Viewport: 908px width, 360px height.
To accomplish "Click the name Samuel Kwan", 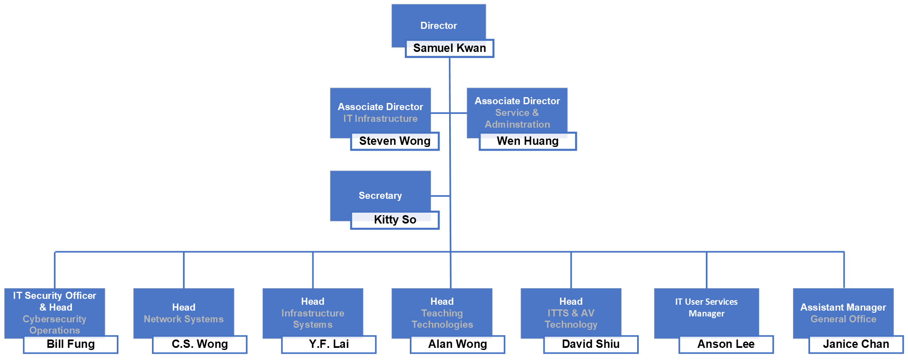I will pos(449,48).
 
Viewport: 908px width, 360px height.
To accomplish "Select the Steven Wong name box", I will pos(395,141).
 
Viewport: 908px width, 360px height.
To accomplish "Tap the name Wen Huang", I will pos(527,141).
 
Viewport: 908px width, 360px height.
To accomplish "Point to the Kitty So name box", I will pos(395,220).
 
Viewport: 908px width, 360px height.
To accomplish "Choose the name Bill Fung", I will pos(71,344).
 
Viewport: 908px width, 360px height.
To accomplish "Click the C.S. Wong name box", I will pos(200,344).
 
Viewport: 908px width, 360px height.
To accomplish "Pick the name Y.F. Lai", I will pos(329,344).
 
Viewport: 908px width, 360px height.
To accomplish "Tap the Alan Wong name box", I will pos(458,344).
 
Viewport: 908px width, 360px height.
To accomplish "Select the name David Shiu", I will pos(591,344).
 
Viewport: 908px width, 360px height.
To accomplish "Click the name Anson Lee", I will pos(726,344).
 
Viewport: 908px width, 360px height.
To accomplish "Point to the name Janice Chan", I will pos(856,344).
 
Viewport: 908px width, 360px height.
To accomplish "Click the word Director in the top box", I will pos(438,26).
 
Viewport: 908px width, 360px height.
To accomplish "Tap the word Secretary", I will pos(380,195).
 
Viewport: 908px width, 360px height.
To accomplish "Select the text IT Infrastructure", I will pos(380,119).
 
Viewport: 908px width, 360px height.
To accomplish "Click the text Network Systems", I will pos(183,319).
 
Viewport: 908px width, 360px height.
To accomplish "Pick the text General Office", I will pos(843,319).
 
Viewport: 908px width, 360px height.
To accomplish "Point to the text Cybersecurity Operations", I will pos(54,324).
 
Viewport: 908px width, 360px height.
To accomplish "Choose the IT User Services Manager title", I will pos(706,308).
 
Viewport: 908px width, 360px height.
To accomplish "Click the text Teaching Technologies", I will pos(442,319).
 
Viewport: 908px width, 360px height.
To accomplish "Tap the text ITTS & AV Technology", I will pos(571,319).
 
